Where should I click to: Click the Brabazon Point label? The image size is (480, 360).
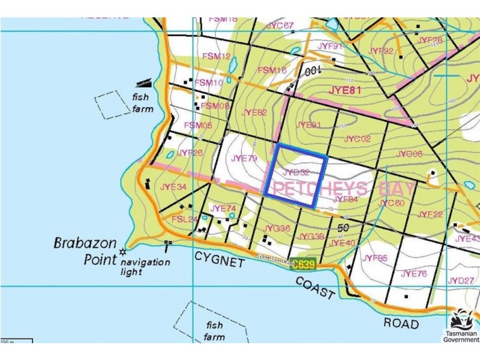point(84,251)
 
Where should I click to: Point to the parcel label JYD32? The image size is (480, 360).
point(296,172)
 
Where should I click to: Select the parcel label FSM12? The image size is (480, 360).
point(216,56)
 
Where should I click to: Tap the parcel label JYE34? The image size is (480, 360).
point(173,187)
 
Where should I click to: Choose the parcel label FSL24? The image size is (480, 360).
point(185,220)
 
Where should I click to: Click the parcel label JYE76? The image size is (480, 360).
point(413,274)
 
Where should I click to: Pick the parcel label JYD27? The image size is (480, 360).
point(461,280)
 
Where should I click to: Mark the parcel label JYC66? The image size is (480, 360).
point(410,154)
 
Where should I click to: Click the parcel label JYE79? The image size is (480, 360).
point(244,158)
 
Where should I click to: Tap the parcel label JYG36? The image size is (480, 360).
point(277,229)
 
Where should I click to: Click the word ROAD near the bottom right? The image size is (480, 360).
point(401,324)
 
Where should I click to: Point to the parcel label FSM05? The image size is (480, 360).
point(198,125)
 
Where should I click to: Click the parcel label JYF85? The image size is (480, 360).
point(375,259)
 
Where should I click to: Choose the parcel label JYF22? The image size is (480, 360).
point(430,214)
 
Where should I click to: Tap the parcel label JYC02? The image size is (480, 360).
point(358,139)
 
